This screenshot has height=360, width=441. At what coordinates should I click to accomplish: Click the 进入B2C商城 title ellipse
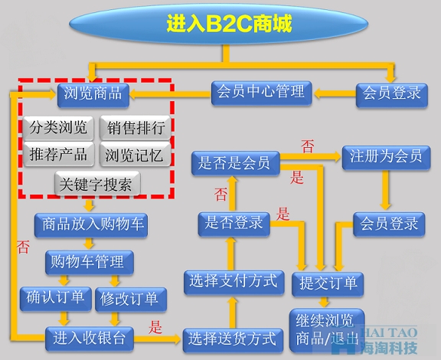(218, 24)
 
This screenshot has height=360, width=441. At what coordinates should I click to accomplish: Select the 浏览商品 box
(93, 96)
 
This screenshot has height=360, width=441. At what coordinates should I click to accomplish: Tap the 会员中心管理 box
(261, 93)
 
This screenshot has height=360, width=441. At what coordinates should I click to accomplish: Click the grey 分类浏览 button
(58, 128)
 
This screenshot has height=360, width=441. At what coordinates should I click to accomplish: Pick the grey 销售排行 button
(136, 128)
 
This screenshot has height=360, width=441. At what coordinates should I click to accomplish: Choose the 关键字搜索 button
(97, 183)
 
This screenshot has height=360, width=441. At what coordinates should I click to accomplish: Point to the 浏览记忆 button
(136, 154)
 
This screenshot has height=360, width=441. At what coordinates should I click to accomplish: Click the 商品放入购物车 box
(91, 225)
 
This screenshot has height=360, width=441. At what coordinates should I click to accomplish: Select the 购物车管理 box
(90, 262)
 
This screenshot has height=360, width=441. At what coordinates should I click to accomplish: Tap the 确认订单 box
(56, 299)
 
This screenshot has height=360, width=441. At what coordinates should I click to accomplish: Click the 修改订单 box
(131, 299)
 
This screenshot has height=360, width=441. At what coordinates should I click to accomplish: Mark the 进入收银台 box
(90, 339)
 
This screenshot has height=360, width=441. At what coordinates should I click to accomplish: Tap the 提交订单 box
(328, 284)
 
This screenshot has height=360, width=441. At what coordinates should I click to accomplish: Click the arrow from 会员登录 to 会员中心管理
(335, 93)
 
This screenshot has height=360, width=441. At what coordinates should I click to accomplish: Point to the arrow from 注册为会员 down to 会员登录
(385, 190)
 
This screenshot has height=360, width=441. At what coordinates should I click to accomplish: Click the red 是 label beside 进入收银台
(155, 327)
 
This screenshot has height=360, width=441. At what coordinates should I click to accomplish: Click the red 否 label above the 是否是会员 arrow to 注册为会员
(308, 146)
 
